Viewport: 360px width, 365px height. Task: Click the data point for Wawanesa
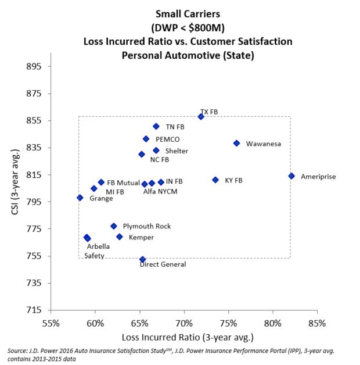(236, 143)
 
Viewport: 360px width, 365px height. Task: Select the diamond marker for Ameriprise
(291, 176)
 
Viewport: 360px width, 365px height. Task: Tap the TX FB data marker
(201, 116)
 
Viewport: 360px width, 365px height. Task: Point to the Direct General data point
(143, 259)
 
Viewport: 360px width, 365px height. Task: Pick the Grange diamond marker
(80, 198)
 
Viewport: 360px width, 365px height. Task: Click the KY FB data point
(215, 180)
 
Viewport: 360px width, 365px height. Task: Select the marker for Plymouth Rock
(114, 226)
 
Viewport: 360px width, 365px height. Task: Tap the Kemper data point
(120, 237)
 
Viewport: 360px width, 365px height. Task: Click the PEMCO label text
(168, 139)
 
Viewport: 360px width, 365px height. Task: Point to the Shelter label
(177, 151)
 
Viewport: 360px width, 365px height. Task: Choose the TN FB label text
(175, 127)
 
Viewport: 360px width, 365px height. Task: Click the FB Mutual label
(123, 182)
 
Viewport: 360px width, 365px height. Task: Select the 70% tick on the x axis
(184, 323)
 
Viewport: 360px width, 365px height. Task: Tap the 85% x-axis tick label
(317, 323)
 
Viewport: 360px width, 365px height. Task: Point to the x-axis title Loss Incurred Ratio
(188, 337)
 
